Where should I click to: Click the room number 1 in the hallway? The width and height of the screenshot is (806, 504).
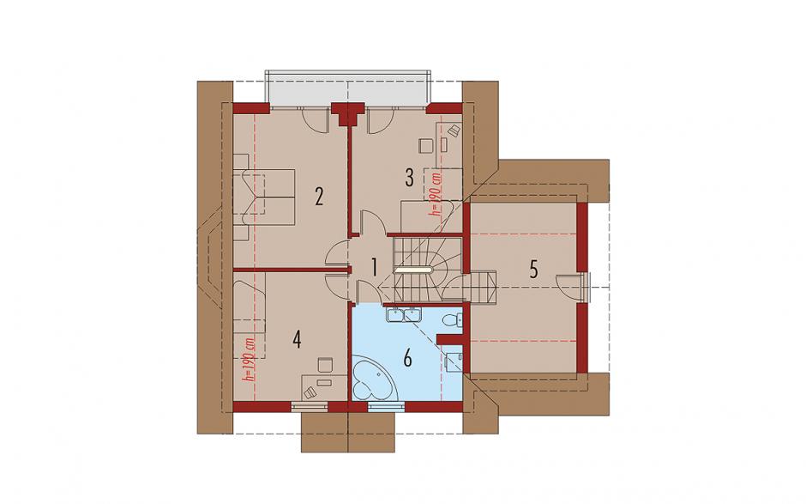coord(374,266)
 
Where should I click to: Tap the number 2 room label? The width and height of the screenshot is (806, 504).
coord(319,196)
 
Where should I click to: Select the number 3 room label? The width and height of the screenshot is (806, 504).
coord(409,178)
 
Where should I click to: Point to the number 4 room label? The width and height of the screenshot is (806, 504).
coord(296,339)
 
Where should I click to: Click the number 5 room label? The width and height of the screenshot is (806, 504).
coord(533,269)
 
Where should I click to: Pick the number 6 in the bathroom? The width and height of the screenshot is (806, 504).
coord(407,358)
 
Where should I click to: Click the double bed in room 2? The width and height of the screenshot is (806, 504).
coord(264,197)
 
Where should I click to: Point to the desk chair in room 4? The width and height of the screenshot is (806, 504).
coord(325,365)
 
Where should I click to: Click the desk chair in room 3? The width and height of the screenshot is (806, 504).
coord(426,145)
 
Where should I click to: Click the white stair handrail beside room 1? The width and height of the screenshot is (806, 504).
coord(415,269)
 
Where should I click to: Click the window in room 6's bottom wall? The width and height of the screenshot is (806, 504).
coord(387,407)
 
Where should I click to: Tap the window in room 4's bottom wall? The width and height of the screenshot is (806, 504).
coord(310,407)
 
